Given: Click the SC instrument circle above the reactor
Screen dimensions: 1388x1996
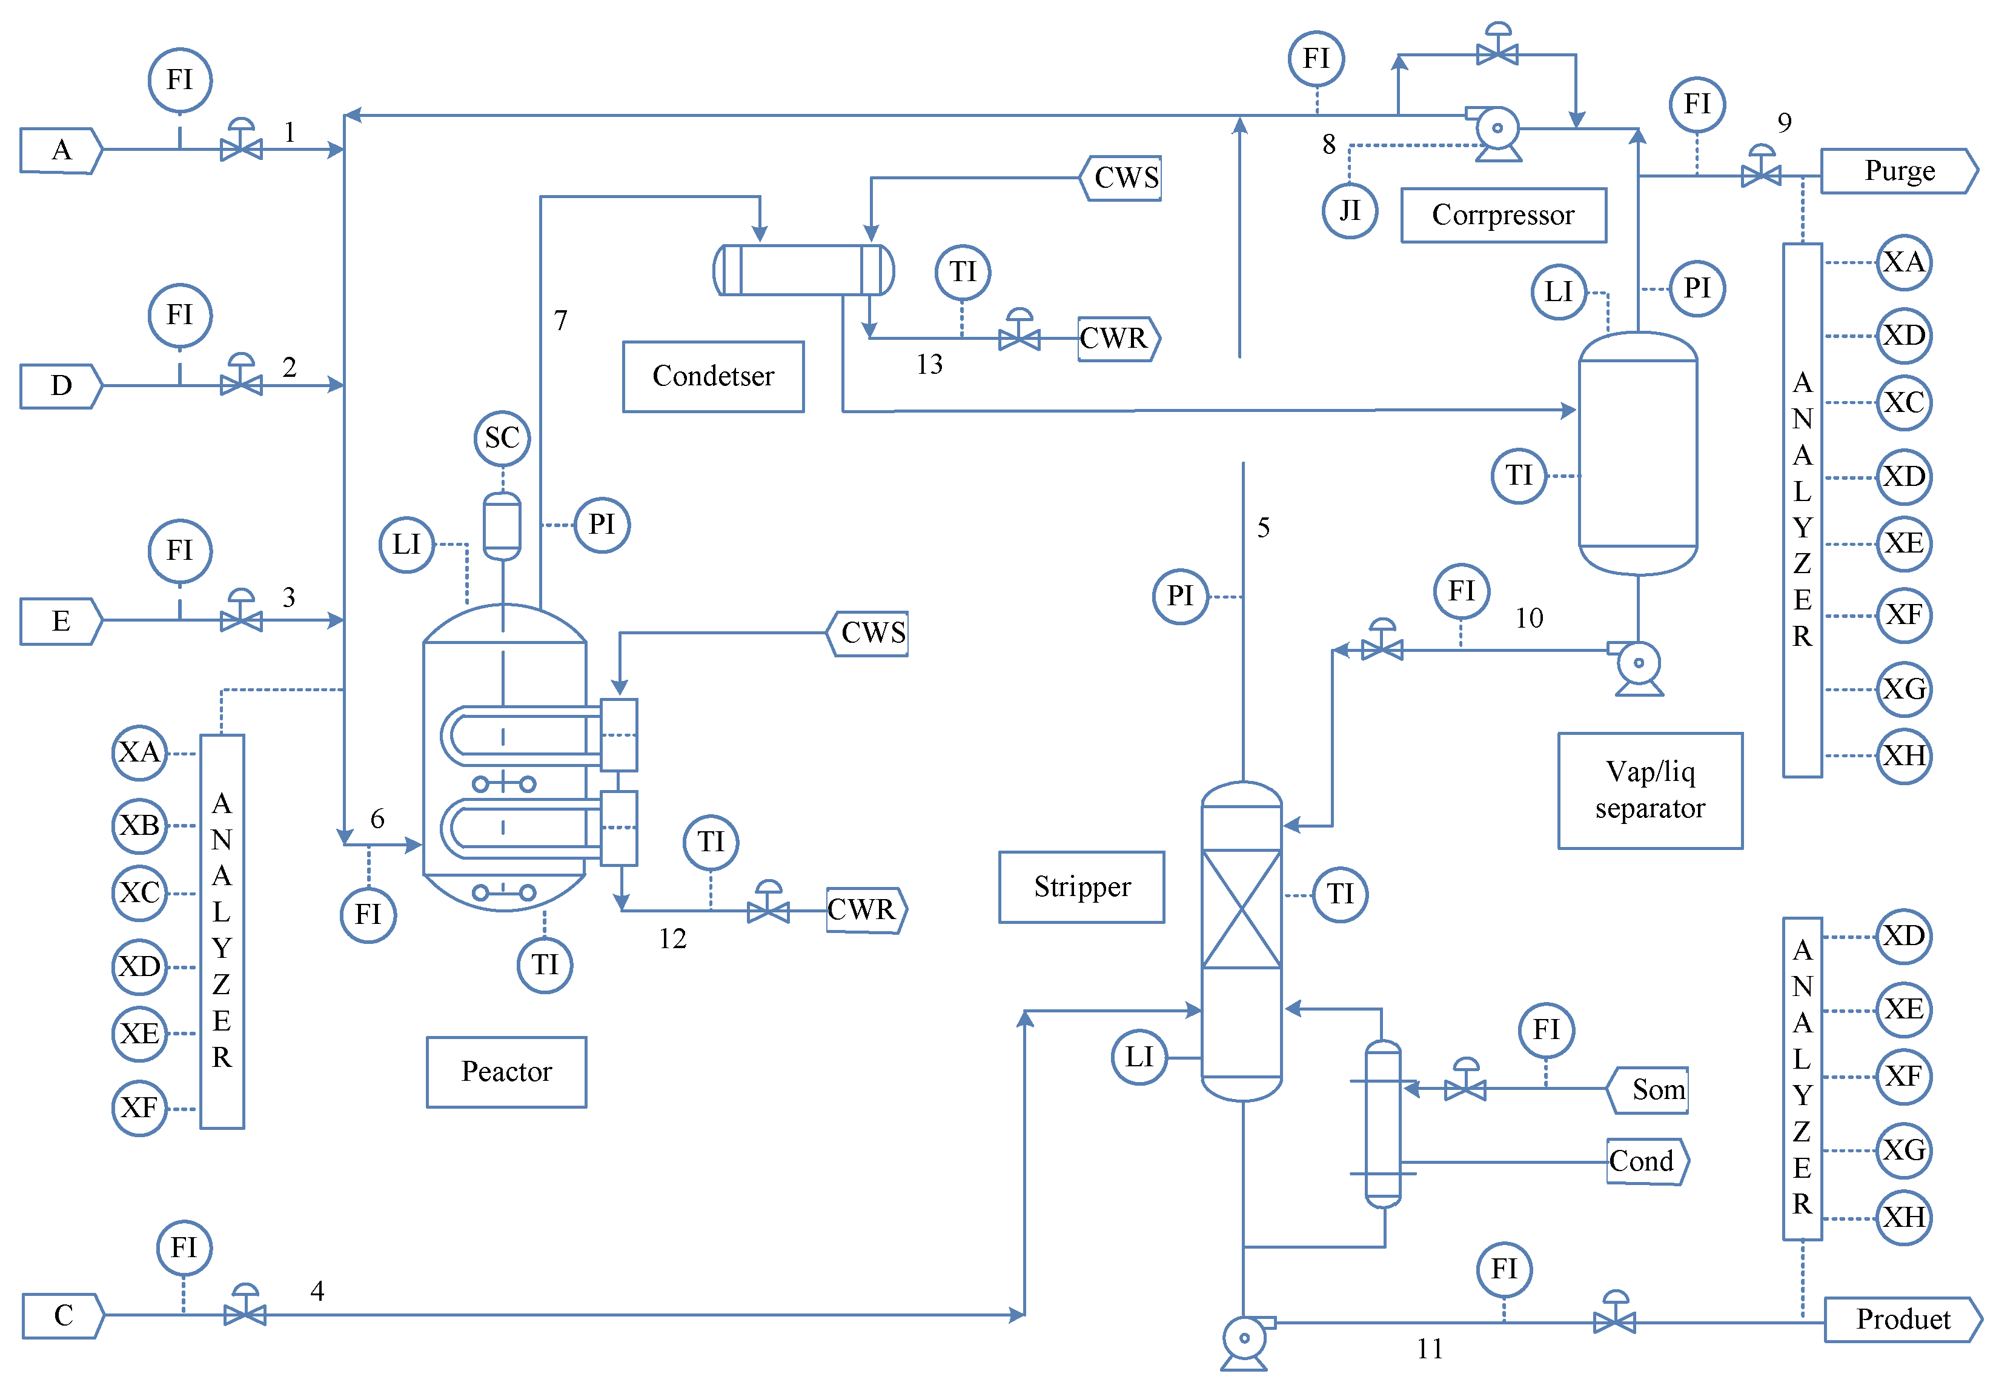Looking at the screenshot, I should tap(502, 438).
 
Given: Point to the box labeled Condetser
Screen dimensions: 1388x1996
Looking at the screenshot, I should tap(713, 377).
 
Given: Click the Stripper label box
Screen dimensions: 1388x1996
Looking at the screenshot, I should tap(1081, 887).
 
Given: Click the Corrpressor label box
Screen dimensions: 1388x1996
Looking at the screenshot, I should tap(1502, 215).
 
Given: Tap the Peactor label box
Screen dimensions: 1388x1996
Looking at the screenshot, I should tap(506, 1071).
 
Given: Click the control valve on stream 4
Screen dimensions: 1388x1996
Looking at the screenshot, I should tap(245, 1312).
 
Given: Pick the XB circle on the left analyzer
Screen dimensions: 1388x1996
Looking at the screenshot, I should tap(139, 825).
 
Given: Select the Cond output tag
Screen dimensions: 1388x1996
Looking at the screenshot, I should tap(1646, 1162).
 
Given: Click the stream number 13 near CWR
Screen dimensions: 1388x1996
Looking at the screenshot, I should tap(929, 364).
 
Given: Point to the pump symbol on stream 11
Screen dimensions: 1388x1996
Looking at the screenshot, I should tap(1244, 1340).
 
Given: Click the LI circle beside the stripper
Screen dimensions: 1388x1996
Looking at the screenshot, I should tap(1139, 1058).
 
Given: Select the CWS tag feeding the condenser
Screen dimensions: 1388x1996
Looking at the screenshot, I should tap(1122, 178).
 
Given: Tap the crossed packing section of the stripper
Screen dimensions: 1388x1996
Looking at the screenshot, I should tap(1241, 909).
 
